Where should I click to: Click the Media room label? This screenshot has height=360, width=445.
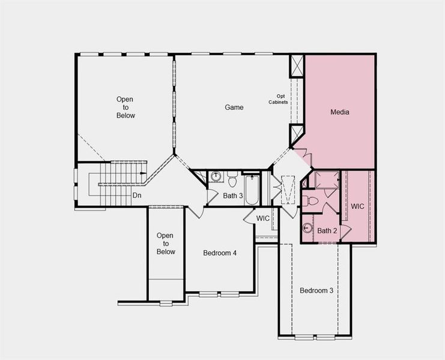(339, 112)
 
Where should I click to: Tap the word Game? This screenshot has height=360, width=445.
(234, 107)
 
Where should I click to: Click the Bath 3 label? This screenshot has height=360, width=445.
(233, 196)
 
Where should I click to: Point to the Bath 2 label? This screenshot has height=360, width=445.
(327, 231)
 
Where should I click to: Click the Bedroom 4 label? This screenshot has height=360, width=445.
(220, 253)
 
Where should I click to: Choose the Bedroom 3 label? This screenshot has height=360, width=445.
(316, 291)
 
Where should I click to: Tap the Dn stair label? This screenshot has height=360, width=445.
(137, 196)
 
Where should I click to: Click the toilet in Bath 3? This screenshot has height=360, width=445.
(232, 178)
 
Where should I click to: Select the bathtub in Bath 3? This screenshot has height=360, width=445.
(251, 188)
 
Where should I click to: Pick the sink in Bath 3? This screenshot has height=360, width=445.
(216, 177)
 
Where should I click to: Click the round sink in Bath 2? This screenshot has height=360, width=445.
(308, 228)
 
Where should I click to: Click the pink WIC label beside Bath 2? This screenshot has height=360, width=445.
(357, 206)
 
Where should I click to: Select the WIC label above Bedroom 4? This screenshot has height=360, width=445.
(263, 218)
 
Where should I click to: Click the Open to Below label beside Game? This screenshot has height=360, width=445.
(126, 107)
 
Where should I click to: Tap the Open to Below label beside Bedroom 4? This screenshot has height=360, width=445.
(166, 244)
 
